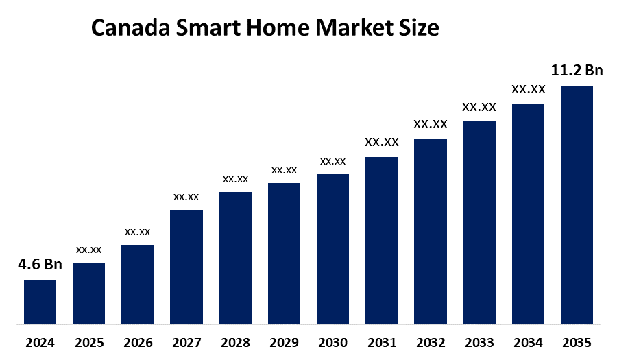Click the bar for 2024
pyautogui.click(x=40, y=302)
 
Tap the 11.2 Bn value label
pyautogui.click(x=577, y=71)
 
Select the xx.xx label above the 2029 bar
pyautogui.click(x=284, y=170)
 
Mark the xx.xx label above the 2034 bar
pyautogui.click(x=528, y=89)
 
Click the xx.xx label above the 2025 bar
pyautogui.click(x=88, y=250)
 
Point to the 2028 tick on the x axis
pyautogui.click(x=235, y=342)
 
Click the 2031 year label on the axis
pyautogui.click(x=381, y=342)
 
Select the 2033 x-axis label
pyautogui.click(x=479, y=342)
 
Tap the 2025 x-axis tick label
pyautogui.click(x=88, y=342)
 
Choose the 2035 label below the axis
pyautogui.click(x=577, y=342)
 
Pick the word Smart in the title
pyautogui.click(x=204, y=29)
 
